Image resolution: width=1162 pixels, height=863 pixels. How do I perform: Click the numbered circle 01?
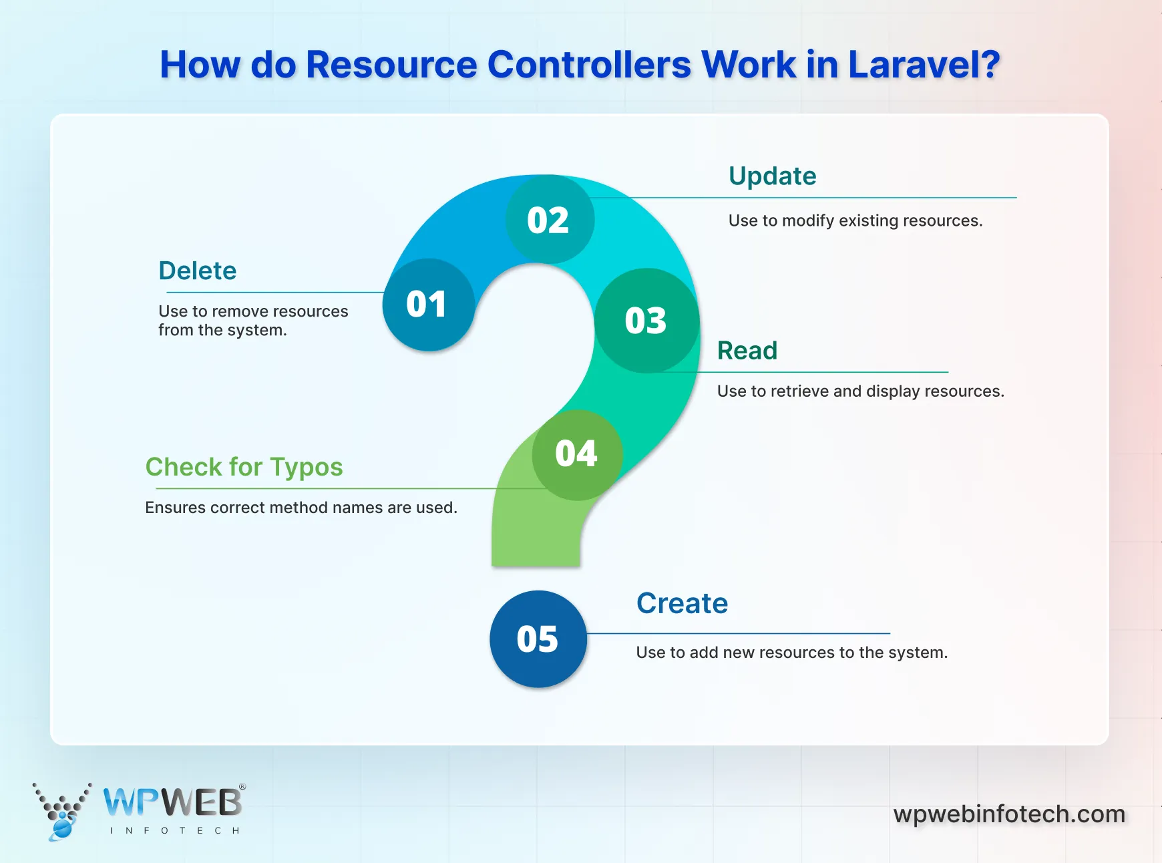(428, 305)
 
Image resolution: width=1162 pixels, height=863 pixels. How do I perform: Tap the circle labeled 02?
(549, 220)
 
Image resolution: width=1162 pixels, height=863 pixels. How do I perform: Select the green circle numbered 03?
(646, 321)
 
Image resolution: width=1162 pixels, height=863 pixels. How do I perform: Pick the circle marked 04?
(577, 454)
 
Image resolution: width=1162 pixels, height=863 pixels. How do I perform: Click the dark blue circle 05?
(538, 639)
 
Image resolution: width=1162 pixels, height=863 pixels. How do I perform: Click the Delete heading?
(198, 271)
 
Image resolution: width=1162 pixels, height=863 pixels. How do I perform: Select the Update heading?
(773, 176)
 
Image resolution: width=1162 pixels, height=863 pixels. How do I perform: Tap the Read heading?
(747, 351)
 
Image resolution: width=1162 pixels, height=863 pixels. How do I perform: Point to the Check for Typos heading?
(244, 467)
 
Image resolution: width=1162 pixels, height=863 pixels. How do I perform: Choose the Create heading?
(682, 603)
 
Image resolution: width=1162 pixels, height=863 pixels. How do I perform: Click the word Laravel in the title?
(924, 65)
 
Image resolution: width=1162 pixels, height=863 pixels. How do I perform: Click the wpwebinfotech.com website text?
(1009, 814)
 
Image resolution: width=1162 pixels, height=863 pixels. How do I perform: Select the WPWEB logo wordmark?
(173, 802)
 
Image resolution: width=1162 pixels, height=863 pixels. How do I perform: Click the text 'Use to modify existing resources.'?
(855, 220)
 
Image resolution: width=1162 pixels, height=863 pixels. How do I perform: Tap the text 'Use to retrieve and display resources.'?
(860, 391)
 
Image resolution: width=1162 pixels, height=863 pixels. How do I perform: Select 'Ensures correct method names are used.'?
(301, 508)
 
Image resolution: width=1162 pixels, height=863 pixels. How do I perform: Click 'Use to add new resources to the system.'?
(792, 653)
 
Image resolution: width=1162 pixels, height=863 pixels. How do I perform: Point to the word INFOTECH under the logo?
(174, 831)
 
